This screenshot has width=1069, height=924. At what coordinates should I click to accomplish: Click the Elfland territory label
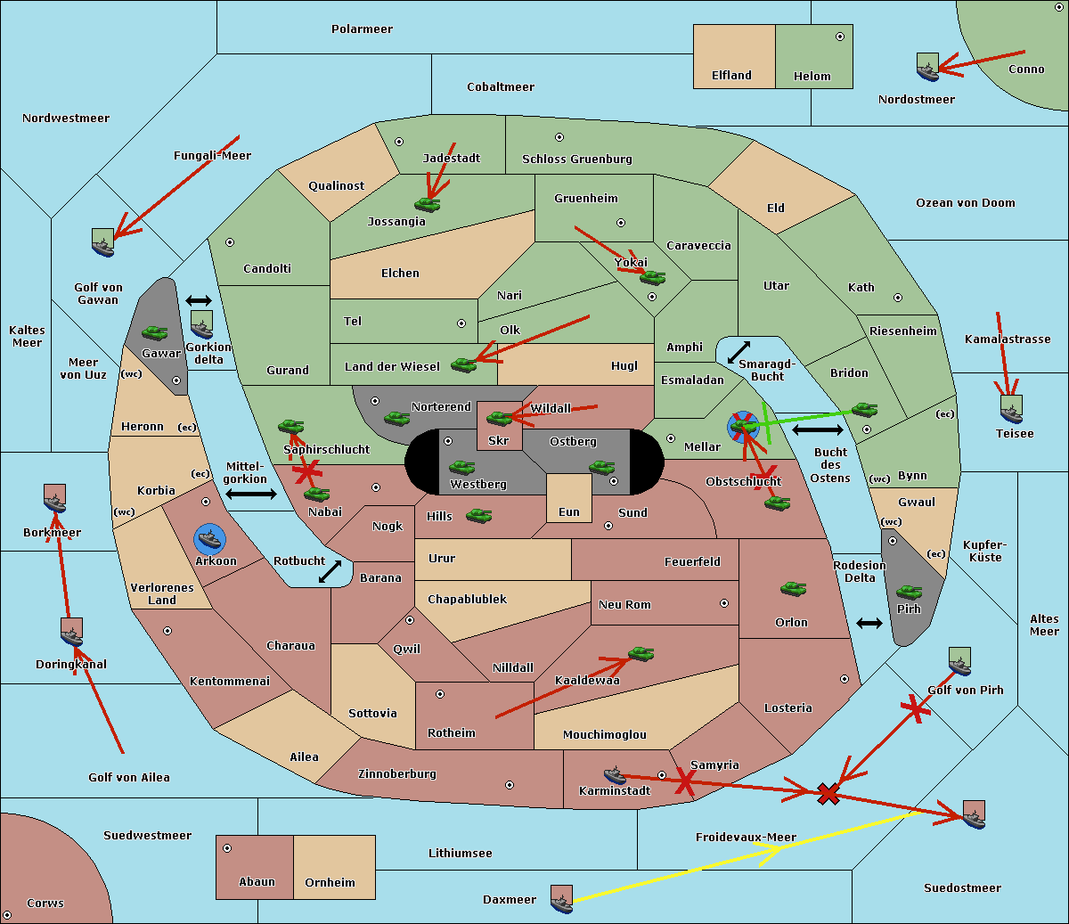(x=731, y=76)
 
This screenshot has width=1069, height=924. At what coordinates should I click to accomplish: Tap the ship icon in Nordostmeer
(x=927, y=68)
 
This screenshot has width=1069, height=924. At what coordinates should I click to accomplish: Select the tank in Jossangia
(x=428, y=204)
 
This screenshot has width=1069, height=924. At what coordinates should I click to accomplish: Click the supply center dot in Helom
(x=839, y=37)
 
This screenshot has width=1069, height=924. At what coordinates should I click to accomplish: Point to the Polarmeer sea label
(x=362, y=29)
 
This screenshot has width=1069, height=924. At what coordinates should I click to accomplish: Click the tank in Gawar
(x=155, y=332)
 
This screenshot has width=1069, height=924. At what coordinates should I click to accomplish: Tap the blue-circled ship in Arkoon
(x=210, y=539)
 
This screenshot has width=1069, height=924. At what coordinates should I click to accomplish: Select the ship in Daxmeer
(x=561, y=899)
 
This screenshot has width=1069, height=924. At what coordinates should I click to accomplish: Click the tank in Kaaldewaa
(x=641, y=654)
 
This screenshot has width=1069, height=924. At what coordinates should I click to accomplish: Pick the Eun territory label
(x=569, y=512)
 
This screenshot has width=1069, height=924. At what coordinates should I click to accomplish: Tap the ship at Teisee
(x=1011, y=410)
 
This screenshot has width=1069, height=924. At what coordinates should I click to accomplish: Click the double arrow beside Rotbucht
(x=330, y=571)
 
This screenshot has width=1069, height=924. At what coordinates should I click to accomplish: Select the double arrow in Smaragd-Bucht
(x=739, y=352)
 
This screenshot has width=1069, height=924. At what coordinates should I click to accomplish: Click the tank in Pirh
(x=909, y=592)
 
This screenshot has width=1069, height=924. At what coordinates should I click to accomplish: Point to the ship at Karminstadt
(x=615, y=774)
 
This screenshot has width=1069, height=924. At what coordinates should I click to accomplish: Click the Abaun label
(x=257, y=882)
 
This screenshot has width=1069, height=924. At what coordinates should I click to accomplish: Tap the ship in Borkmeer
(x=55, y=500)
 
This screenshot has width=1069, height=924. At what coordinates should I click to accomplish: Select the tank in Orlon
(x=793, y=589)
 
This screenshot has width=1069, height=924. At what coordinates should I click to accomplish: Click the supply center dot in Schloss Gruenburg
(x=559, y=137)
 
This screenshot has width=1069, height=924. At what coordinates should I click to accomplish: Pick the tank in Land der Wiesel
(x=463, y=364)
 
